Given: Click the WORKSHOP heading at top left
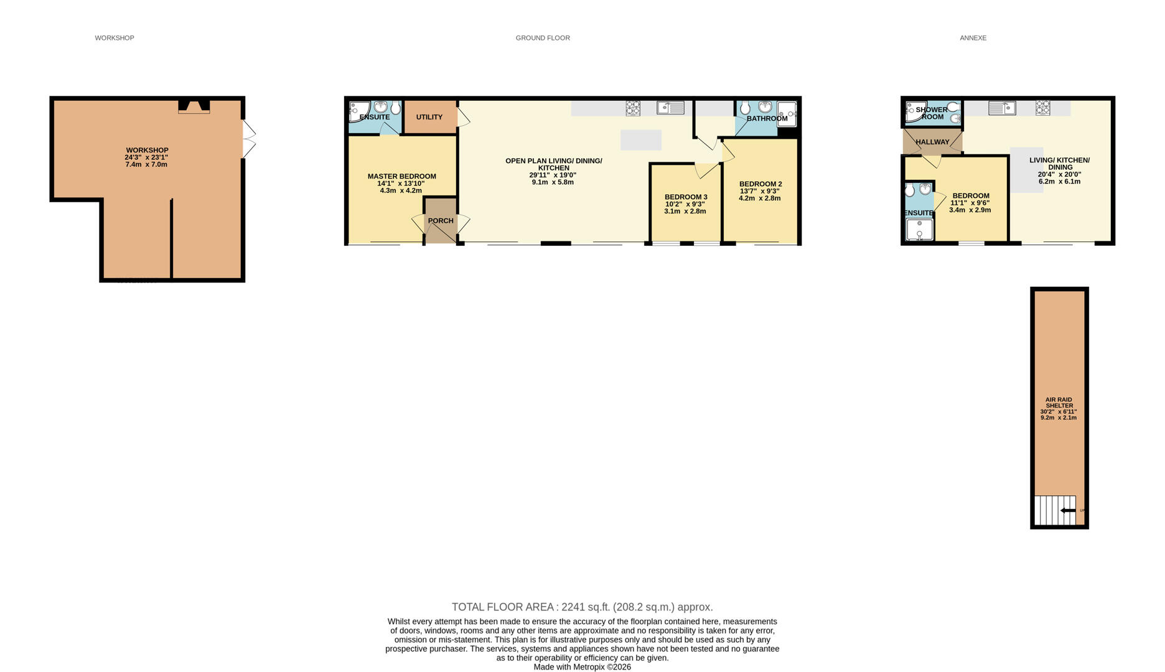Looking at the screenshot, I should (115, 38).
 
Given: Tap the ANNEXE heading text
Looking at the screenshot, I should (973, 38).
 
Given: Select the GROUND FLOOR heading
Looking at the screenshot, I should (543, 38).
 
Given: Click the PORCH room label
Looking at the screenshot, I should (441, 221).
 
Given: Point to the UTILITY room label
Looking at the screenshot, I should (429, 117).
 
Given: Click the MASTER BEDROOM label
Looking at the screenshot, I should (401, 177).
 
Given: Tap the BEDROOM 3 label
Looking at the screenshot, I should (686, 197).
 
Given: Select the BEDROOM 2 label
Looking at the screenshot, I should (760, 184).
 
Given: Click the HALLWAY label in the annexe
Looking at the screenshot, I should (932, 142).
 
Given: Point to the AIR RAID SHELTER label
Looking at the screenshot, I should (1059, 403).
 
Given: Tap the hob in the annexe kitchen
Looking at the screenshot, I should (1043, 108).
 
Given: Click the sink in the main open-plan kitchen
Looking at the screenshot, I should (671, 108).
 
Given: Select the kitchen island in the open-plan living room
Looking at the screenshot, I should (641, 140).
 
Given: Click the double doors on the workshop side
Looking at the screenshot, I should (248, 139).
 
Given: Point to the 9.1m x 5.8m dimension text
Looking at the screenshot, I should (553, 182).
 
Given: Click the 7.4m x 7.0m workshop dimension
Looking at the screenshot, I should (146, 164).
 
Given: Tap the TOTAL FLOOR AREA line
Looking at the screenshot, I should (582, 607).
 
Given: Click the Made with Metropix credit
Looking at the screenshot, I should (582, 667).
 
